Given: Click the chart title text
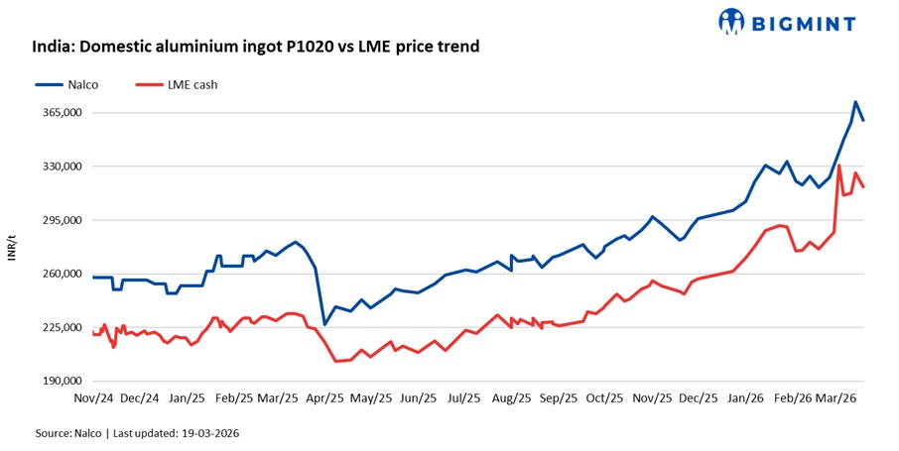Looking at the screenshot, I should pos(256,46).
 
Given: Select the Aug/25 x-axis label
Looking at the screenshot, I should pos(511,398).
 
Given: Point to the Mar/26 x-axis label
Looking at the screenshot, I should pos(836,398).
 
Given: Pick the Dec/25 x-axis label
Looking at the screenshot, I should pos(698,398).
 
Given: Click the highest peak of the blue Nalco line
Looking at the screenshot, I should pos(855,102).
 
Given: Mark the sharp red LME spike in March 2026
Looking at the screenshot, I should pos(839,166).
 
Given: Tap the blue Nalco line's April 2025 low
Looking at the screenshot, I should pos(324,324).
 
